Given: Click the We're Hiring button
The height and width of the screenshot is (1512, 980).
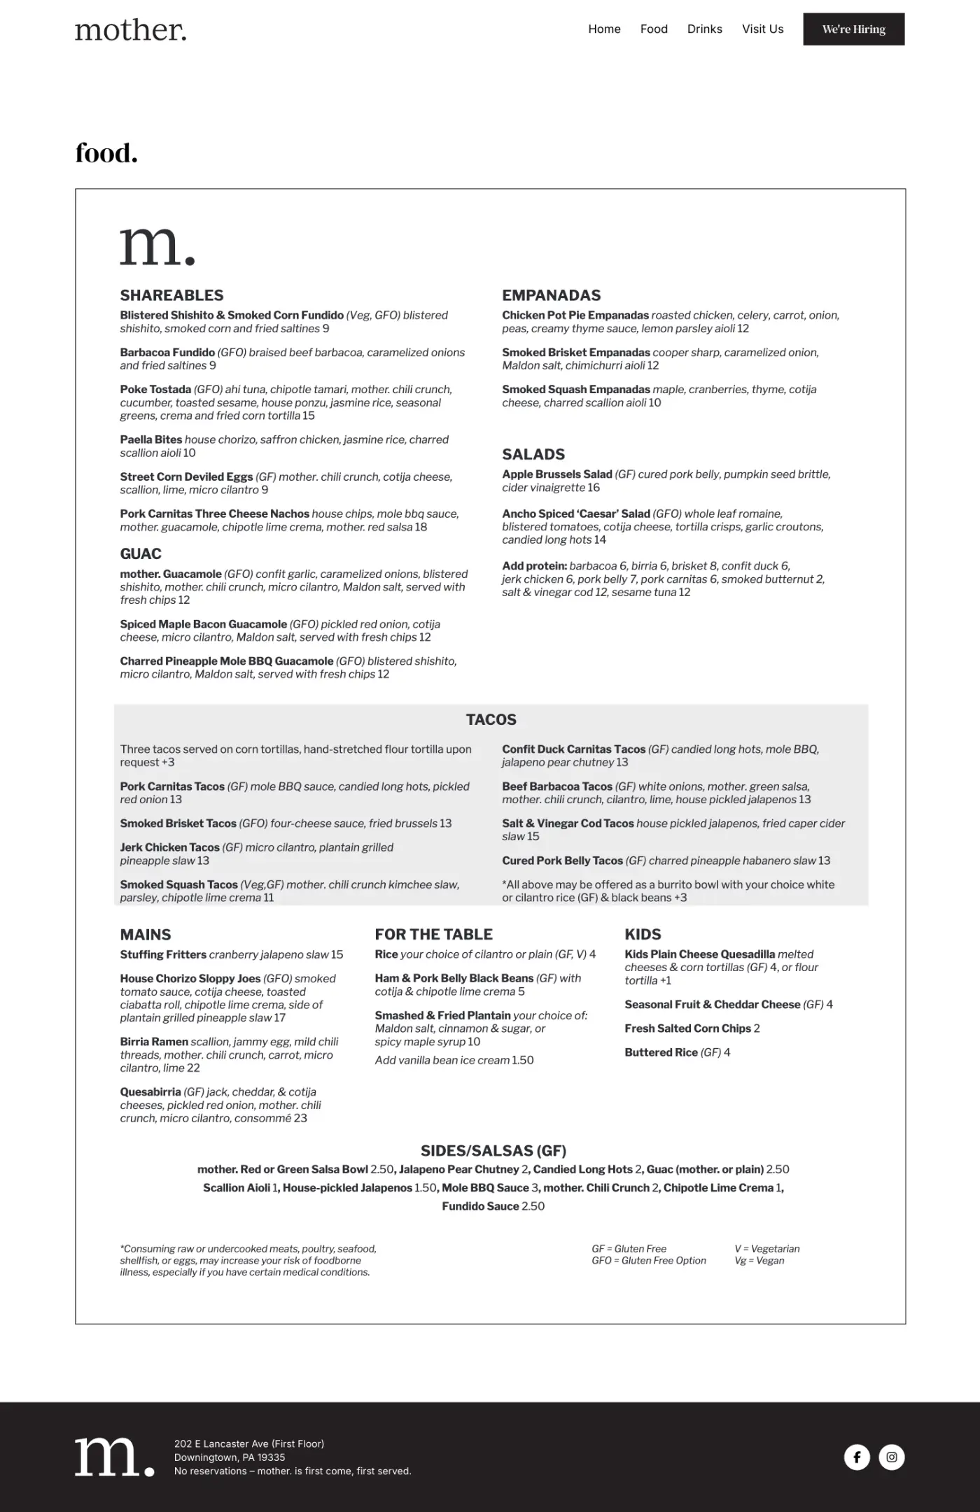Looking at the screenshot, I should coord(853,29).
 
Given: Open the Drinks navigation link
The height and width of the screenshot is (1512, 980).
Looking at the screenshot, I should coord(704,29).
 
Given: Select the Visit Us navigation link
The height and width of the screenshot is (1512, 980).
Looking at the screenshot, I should coord(762,29).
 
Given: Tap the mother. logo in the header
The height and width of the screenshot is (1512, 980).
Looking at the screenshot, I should coord(131,30).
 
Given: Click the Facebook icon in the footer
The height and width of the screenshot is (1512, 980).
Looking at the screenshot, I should coord(857,1457).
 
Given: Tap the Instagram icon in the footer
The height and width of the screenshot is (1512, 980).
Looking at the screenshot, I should coord(891,1457).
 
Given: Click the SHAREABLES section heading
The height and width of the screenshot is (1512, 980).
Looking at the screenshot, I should coord(171,295).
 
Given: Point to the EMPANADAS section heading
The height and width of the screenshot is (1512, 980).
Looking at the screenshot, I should coord(551,295).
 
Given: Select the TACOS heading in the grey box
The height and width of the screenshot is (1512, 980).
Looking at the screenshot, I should coord(491,719).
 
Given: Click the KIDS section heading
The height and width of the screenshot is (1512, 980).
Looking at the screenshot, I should coord(643,934).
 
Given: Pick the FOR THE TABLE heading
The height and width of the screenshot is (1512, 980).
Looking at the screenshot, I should coord(433,934).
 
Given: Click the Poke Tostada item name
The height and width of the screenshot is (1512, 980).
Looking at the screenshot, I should coord(155,390).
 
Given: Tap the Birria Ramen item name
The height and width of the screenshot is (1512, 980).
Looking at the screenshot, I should coord(154,1042).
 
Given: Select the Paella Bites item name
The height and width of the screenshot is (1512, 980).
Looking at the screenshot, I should coord(150,440).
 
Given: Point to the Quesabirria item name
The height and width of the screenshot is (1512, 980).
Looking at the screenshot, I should coord(150,1092).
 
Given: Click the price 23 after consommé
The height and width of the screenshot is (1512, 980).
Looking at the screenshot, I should coord(300,1118).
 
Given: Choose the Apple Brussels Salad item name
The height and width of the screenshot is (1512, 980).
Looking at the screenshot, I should coord(556,474).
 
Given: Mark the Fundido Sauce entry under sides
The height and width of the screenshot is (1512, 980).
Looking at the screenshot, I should coord(480,1206).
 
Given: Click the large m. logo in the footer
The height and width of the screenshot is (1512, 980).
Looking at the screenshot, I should coord(114,1457).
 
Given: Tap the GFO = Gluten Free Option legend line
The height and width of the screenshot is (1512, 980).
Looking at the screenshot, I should coord(648,1260).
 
